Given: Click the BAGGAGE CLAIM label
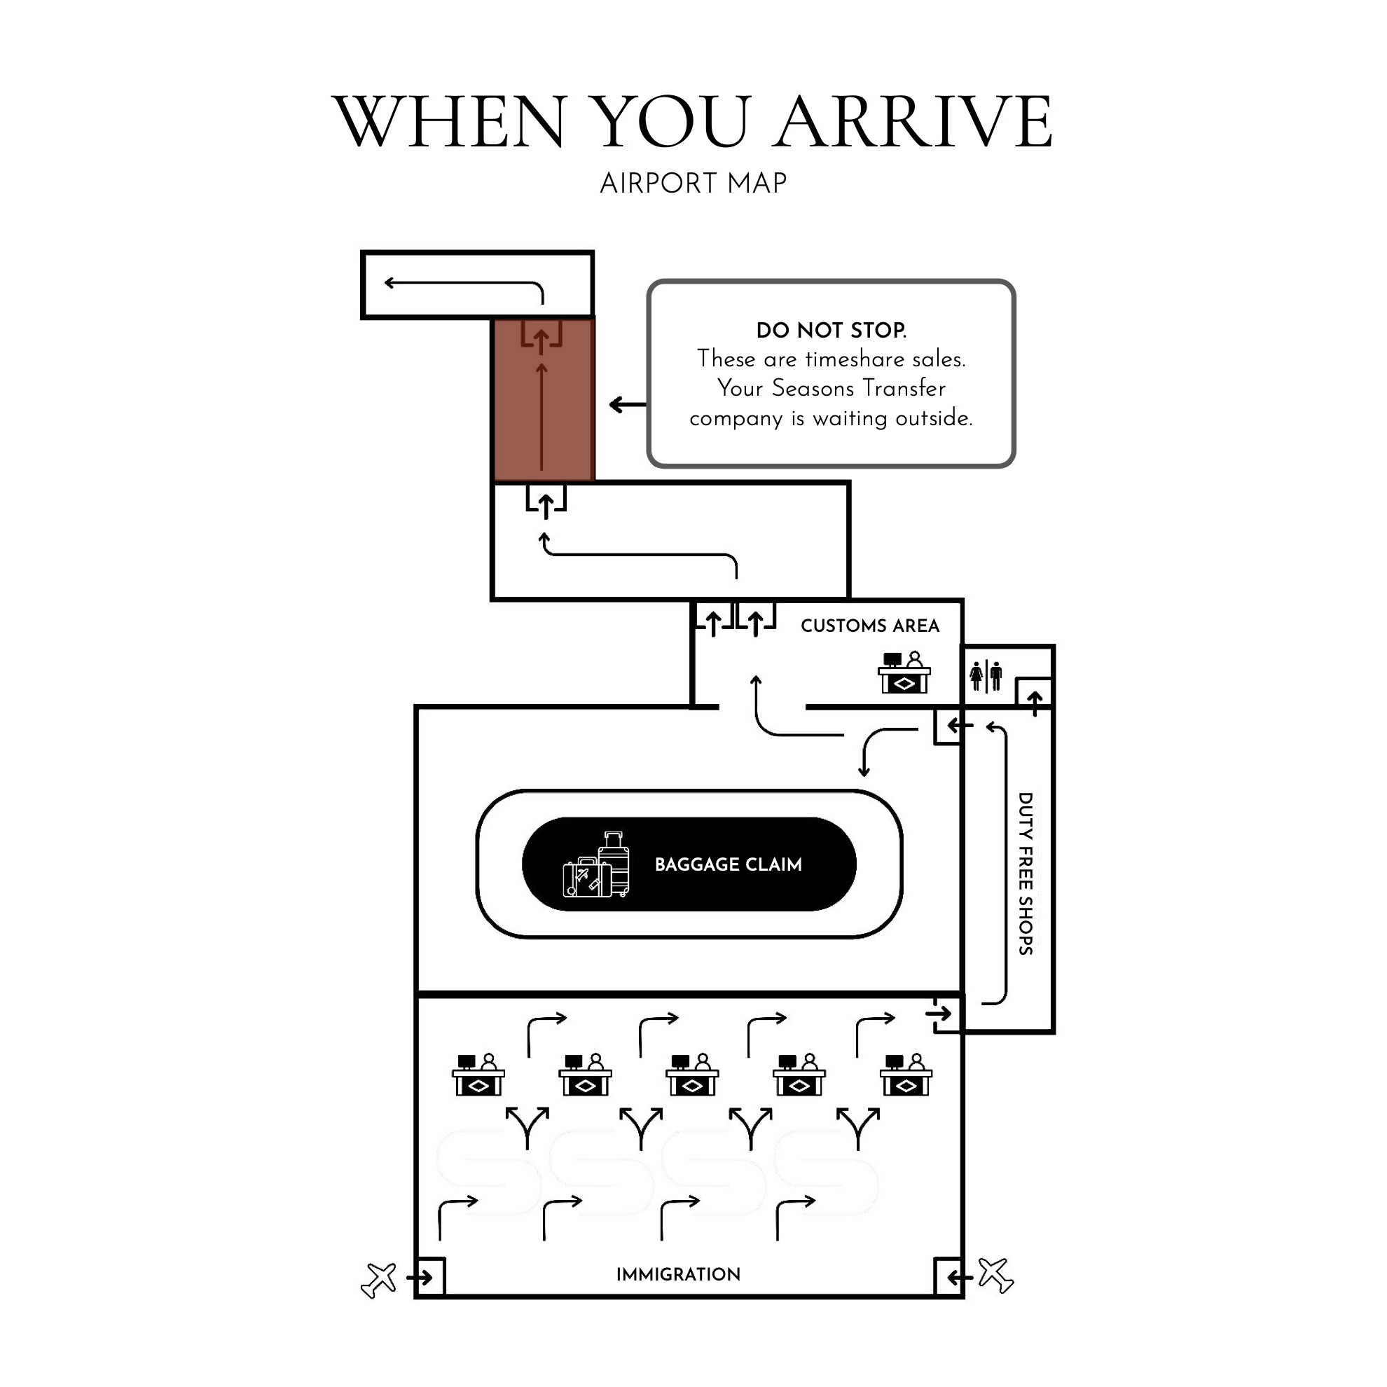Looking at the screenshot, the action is click(728, 864).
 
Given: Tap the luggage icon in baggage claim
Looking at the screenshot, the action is click(597, 864).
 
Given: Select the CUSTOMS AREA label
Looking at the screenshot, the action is click(870, 626).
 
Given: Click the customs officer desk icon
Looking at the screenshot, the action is click(904, 672).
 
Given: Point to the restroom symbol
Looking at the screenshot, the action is click(986, 675).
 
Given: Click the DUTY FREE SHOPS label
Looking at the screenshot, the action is click(1025, 874).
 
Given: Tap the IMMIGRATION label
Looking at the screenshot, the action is click(678, 1274).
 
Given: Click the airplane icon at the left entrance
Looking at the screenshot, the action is click(379, 1280).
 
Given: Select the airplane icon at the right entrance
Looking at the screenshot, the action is click(995, 1276).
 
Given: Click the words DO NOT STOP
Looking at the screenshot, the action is click(831, 330).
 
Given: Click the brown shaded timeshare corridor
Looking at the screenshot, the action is click(544, 399).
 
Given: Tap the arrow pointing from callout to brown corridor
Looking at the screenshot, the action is click(628, 405).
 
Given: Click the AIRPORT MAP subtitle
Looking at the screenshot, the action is click(693, 184).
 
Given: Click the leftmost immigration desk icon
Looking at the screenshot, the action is click(478, 1074).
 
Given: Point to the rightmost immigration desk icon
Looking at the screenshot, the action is click(906, 1075).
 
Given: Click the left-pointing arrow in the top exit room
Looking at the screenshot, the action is click(464, 284).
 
